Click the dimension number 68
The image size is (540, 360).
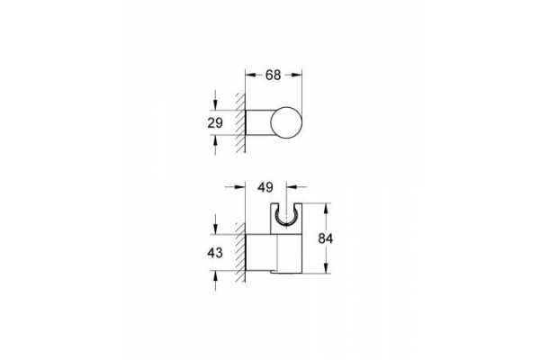coord(273,75)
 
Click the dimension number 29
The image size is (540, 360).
coord(215,122)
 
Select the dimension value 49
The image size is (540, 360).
coord(265,187)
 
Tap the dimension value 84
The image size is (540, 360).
coord(326,238)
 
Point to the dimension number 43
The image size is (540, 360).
coord(215,253)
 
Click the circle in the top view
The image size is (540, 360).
coord(286,123)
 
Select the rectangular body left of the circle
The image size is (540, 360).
coord(259,122)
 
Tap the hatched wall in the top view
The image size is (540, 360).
coord(240,122)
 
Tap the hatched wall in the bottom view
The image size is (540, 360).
coord(240,253)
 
